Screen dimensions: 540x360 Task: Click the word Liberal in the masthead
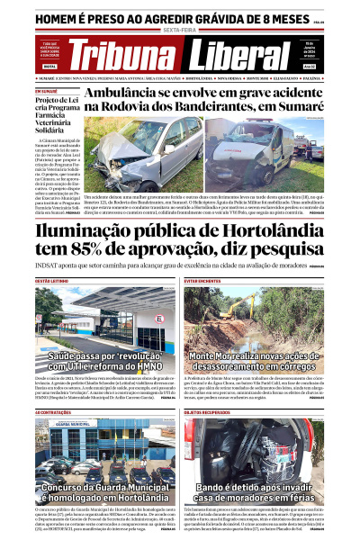coord(238,55)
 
